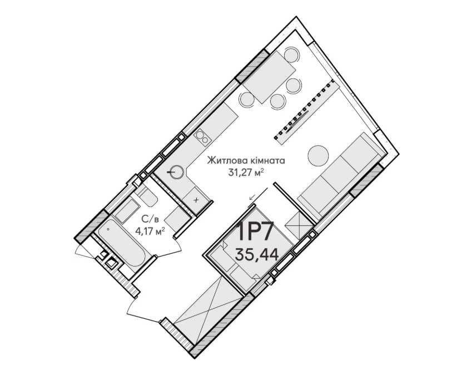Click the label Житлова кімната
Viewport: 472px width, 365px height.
(246, 160)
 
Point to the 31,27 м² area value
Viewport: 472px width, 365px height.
(246, 172)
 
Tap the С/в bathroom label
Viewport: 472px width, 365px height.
(150, 218)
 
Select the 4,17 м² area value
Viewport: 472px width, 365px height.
(150, 231)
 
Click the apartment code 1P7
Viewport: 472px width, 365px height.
(255, 231)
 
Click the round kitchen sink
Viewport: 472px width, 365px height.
(176, 172)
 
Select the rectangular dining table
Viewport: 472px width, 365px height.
(269, 77)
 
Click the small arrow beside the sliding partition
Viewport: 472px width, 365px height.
(252, 196)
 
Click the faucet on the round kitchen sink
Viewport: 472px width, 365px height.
(172, 172)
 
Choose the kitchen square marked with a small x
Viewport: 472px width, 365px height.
(196, 199)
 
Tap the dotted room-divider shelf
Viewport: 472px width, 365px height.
(305, 110)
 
